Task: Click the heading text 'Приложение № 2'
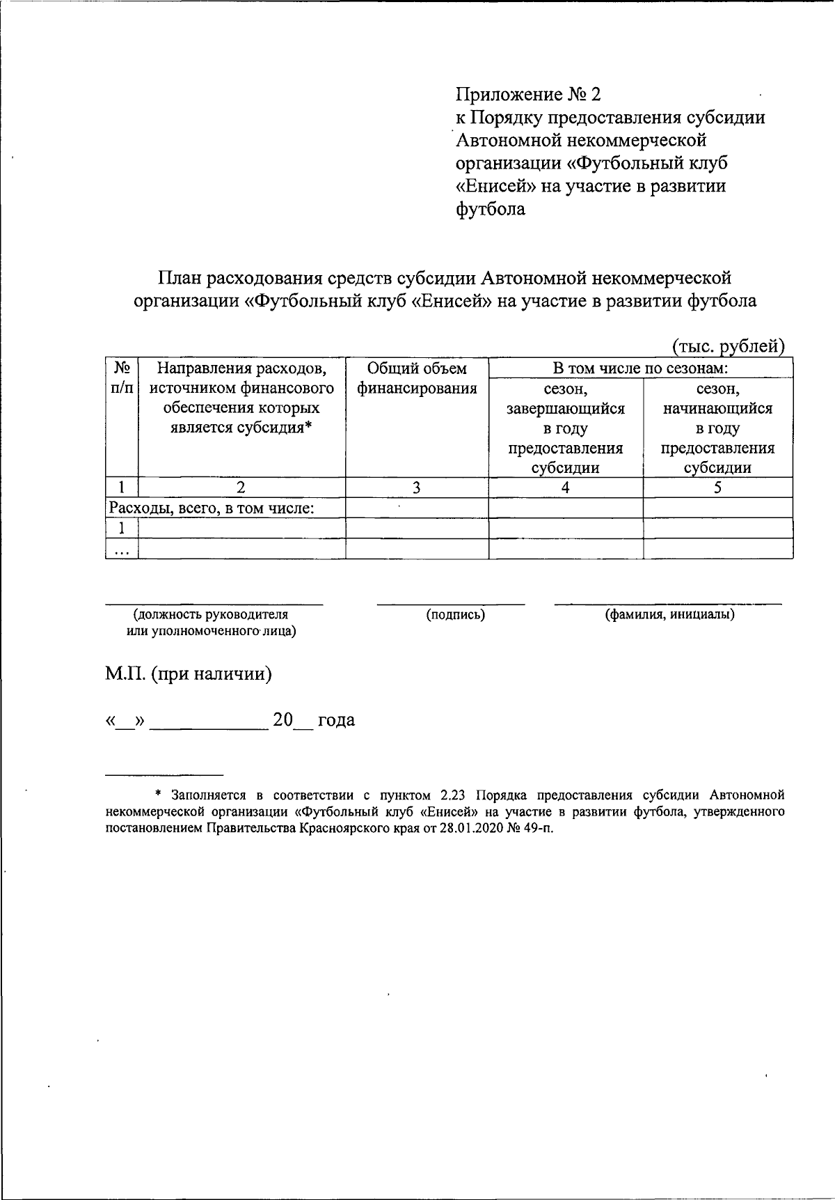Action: point(527,93)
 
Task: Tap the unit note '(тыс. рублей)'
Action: point(728,346)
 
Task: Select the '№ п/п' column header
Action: point(122,377)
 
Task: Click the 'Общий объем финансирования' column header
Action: point(417,378)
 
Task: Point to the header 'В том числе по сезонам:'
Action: point(640,368)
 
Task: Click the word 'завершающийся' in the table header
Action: point(565,408)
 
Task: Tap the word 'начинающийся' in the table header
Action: point(717,408)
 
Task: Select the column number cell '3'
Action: point(416,488)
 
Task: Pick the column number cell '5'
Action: point(717,488)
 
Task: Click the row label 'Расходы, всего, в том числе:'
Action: point(212,508)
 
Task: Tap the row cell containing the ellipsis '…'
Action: point(121,549)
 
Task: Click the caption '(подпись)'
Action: point(456,614)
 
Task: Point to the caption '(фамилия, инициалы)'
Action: point(669,614)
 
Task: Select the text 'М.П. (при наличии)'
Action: point(188,673)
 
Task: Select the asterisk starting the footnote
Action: point(158,795)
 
